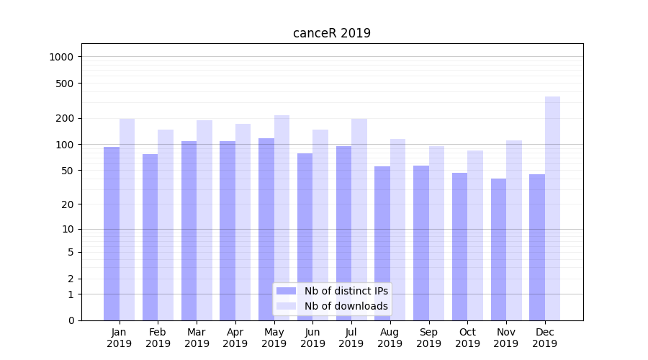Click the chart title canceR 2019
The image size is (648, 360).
(332, 33)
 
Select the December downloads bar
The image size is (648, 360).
(552, 209)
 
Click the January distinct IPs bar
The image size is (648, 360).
(112, 233)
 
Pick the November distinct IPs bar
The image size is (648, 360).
(498, 249)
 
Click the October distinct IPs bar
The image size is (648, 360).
(459, 246)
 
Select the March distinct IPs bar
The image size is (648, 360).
(189, 230)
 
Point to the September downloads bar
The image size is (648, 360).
(436, 233)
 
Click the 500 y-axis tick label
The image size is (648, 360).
(65, 84)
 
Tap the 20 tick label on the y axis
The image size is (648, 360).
(67, 204)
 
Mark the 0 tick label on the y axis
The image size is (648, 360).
(71, 320)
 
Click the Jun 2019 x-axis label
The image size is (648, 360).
(312, 338)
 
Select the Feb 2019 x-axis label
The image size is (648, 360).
(158, 338)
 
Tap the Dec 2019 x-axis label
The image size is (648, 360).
(545, 338)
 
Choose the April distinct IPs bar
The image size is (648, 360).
(228, 230)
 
